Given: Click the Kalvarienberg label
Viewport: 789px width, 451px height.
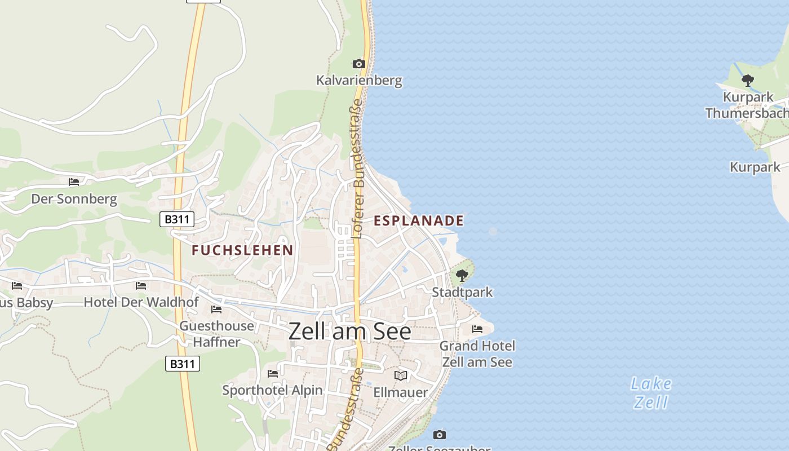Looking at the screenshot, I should pos(359,80).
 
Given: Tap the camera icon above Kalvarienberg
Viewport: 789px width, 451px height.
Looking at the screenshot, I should pos(358,64).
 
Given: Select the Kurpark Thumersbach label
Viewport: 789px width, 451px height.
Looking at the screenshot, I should pos(747,105).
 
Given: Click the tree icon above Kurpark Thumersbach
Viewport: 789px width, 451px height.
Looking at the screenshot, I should pos(747,80).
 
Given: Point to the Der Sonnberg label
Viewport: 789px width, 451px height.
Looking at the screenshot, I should pos(74,198).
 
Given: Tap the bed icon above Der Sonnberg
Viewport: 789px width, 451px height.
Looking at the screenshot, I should pos(74,182).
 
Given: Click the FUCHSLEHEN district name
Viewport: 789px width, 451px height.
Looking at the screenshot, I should pos(242,250).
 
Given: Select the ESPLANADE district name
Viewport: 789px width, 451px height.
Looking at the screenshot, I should pos(419,220).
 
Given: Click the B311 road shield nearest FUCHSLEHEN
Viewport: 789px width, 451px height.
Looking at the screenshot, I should pos(177,219).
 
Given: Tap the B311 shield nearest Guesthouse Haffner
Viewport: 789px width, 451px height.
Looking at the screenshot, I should pos(183,364).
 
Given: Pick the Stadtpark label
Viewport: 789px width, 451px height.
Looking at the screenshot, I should pos(462,292).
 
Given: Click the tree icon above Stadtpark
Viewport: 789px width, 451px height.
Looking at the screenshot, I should pos(462,276).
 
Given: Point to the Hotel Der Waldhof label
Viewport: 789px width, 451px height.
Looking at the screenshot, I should pos(141,302).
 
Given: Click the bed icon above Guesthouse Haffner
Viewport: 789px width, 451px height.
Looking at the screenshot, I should pos(216,309).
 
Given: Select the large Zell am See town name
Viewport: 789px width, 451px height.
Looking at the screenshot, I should pos(349,331).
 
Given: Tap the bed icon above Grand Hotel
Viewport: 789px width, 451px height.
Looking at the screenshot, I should pos(477,329).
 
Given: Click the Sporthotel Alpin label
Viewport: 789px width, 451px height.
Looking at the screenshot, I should pos(272,390).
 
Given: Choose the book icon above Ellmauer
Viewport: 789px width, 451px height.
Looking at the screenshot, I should pos(401,375).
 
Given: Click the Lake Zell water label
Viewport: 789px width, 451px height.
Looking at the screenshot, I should pos(651,393).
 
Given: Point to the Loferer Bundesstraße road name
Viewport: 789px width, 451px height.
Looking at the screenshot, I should pos(358,169).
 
